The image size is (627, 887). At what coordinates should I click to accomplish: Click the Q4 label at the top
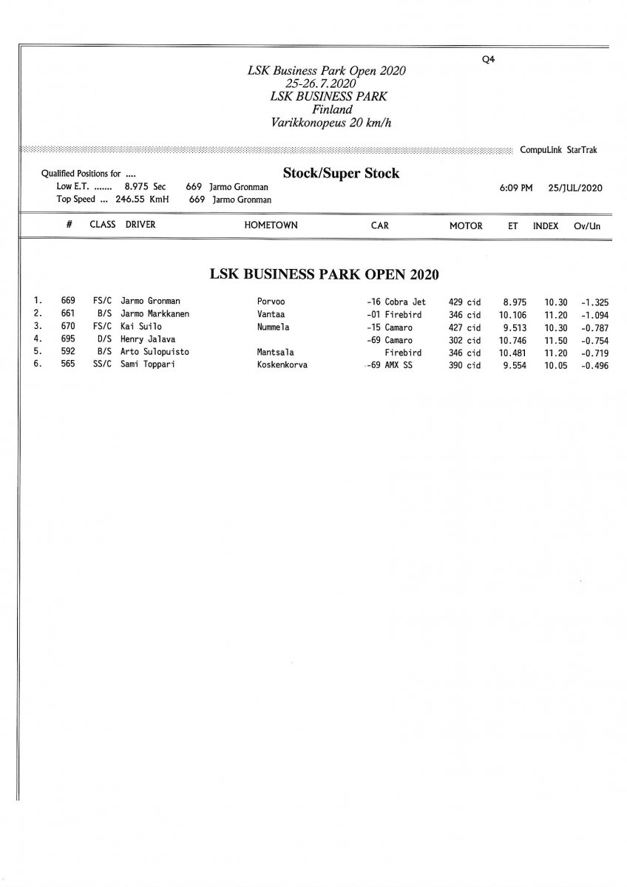pyautogui.click(x=487, y=61)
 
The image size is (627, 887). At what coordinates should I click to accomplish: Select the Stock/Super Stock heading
pyautogui.click(x=341, y=174)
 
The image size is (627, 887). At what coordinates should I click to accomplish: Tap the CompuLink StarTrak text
pyautogui.click(x=558, y=150)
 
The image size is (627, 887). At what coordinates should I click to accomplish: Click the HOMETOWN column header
pyautogui.click(x=271, y=225)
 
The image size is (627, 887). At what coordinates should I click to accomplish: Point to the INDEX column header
pyautogui.click(x=546, y=225)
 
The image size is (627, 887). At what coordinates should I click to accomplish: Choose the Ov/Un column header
pyautogui.click(x=586, y=225)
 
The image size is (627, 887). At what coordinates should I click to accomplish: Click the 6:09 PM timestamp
pyautogui.click(x=516, y=188)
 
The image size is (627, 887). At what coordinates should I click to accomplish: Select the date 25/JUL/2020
pyautogui.click(x=575, y=188)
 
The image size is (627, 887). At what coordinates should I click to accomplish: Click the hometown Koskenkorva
pyautogui.click(x=282, y=365)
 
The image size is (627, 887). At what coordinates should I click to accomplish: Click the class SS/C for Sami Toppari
pyautogui.click(x=102, y=365)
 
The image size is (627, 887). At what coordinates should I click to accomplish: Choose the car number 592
pyautogui.click(x=68, y=352)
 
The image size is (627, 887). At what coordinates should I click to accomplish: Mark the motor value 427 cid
pyautogui.click(x=464, y=327)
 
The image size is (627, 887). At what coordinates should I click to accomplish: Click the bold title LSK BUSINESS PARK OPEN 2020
pyautogui.click(x=325, y=274)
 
